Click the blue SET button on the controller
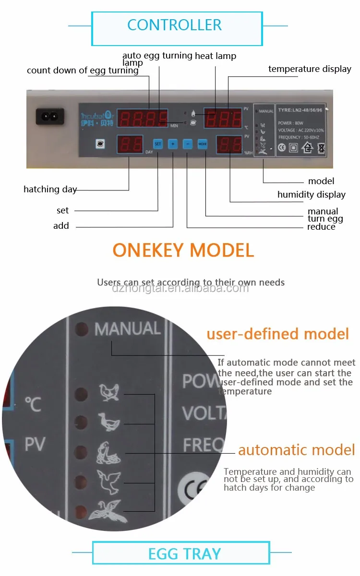pos(158,143)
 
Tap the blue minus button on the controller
pos(188,143)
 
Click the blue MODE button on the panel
pos(203,143)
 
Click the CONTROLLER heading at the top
pos(174,25)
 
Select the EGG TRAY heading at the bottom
pos(184,554)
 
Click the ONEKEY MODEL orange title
pos(183,250)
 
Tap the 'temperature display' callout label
pos(310,69)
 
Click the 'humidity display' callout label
pos(311,194)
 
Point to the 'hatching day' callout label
pos(50,189)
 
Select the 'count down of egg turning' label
pos(83,71)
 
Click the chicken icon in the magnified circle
pos(109,393)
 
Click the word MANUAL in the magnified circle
pos(127,329)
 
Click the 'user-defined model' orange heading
pos(277,334)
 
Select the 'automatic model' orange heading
pos(296,450)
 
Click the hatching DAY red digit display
pos(129,144)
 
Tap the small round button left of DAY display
pos(100,143)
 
